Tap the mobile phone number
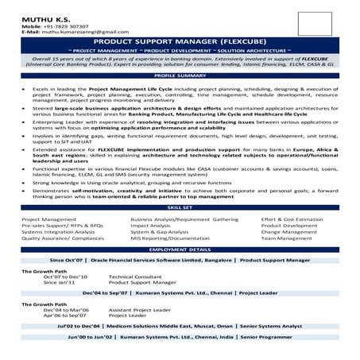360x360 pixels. [x=71, y=25]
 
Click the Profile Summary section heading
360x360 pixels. [x=180, y=75]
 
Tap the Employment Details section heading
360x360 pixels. [x=180, y=249]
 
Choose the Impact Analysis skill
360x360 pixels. [x=151, y=225]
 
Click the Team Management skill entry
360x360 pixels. [x=287, y=238]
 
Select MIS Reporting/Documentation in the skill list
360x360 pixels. [x=165, y=238]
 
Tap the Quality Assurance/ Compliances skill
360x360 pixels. [x=63, y=238]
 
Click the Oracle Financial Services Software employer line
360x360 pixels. [x=180, y=260]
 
